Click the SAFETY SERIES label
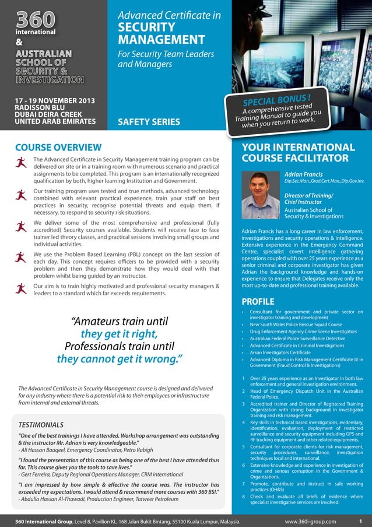pyautogui.click(x=149, y=122)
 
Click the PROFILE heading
pyautogui.click(x=258, y=301)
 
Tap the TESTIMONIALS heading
pyautogui.click(x=41, y=425)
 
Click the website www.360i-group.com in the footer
pyautogui.click(x=310, y=521)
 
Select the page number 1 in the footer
pyautogui.click(x=361, y=521)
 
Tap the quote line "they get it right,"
pyautogui.click(x=120, y=334)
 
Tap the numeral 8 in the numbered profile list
pyautogui.click(x=243, y=496)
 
